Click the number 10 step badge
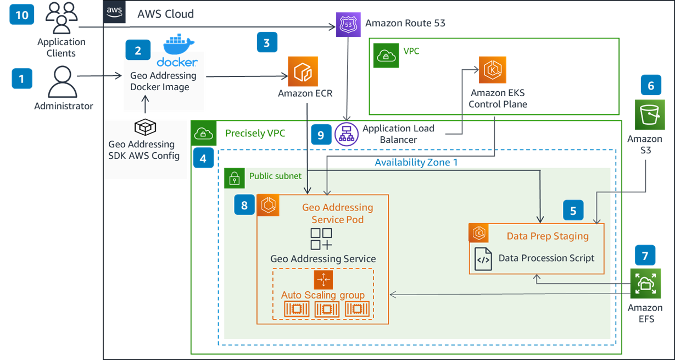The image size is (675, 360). pos(22,14)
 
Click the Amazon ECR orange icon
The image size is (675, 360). pos(303,71)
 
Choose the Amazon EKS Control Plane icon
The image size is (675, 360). pos(492,70)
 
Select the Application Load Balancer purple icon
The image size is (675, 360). pos(347,135)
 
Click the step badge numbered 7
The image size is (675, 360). pos(645,255)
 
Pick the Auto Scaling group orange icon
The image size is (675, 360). pos(323,280)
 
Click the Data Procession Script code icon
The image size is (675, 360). pos(484,258)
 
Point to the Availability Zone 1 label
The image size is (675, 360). pos(416,162)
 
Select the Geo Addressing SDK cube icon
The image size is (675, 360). pos(145,128)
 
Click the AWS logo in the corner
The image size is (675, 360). pos(114,12)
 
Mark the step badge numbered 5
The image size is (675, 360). pos(573,211)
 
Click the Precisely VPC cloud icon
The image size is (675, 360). pos(203,134)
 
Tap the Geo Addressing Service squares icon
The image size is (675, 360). pos(321,239)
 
